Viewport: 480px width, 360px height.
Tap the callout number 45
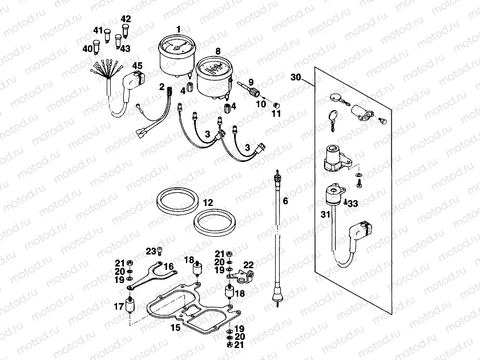coord(137,66)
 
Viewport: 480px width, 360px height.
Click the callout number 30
coord(295,76)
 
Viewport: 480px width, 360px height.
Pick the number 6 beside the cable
coord(285,201)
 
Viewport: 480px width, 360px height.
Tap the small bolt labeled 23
coord(162,251)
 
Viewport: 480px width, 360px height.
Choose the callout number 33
coord(353,203)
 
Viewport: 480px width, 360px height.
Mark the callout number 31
coord(325,215)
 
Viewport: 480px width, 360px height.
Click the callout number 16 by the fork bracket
coord(168,266)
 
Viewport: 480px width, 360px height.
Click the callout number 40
coord(88,49)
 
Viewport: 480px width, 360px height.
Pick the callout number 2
coord(162,87)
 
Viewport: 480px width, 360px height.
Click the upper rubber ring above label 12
coord(178,198)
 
